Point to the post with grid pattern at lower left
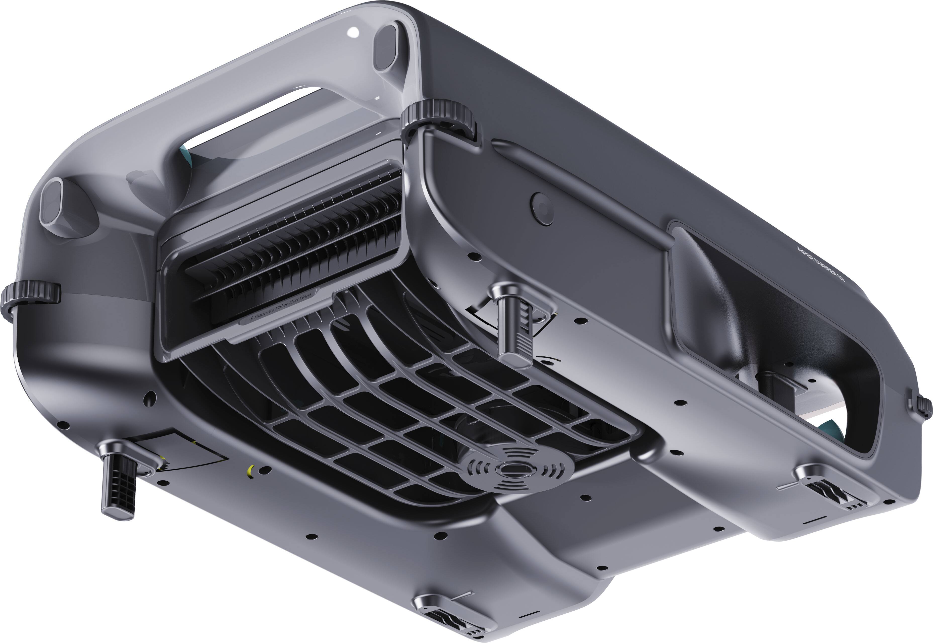119,487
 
